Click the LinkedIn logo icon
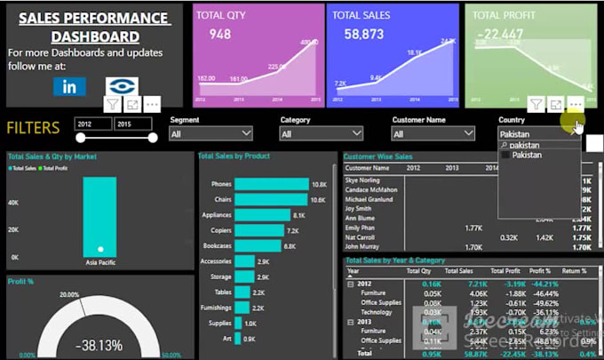coord(69,86)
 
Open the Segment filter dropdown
coord(211,134)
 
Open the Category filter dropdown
coord(321,134)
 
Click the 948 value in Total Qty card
coord(220,34)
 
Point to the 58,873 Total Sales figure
coord(363,34)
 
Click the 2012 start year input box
coord(93,124)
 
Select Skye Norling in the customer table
coord(362,180)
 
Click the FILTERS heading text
coord(34,128)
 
